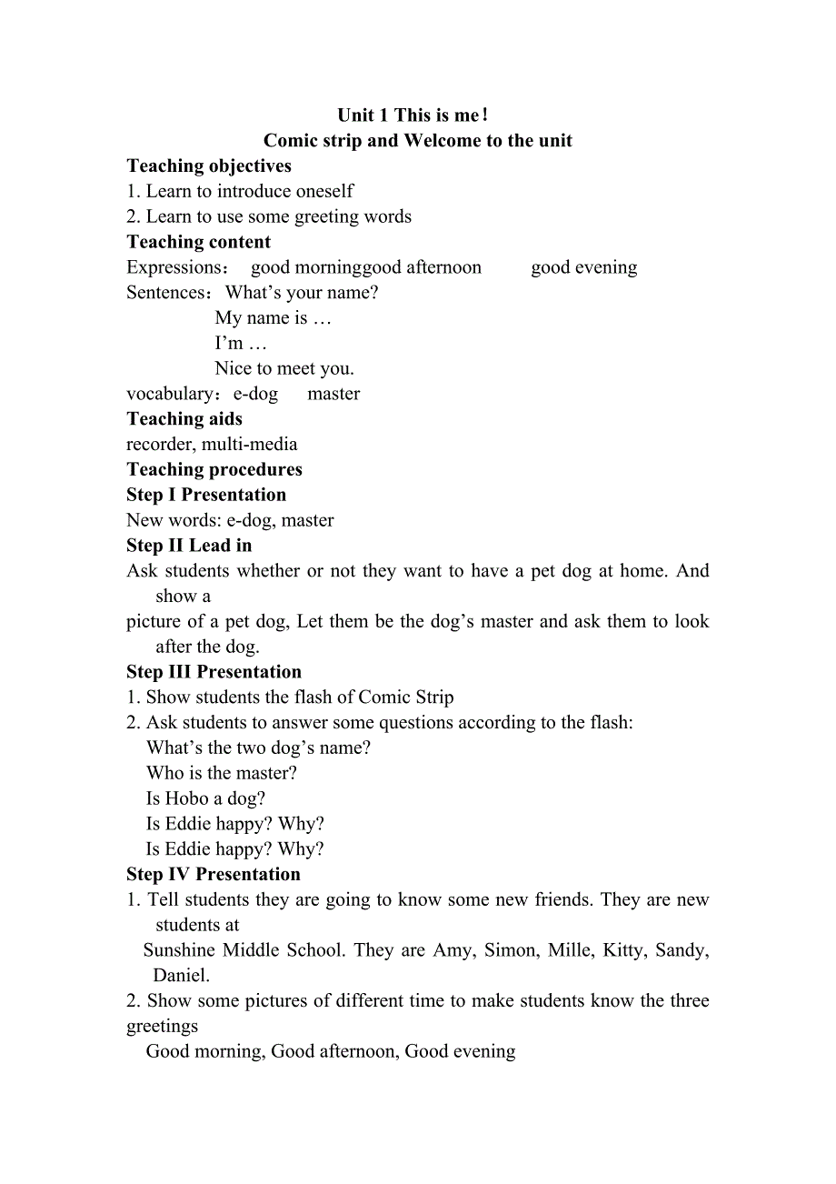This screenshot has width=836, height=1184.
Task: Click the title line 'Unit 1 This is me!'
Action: [x=413, y=115]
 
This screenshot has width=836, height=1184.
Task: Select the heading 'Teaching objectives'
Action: [x=209, y=166]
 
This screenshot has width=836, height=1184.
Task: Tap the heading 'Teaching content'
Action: [x=198, y=242]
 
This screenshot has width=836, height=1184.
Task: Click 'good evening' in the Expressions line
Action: [x=583, y=267]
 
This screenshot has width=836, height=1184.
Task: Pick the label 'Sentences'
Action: [x=167, y=293]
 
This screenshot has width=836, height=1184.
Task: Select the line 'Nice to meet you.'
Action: [x=284, y=368]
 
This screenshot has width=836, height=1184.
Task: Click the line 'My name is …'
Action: [x=273, y=318]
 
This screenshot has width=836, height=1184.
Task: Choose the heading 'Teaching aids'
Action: [x=184, y=419]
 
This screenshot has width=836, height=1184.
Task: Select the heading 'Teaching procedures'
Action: [x=214, y=470]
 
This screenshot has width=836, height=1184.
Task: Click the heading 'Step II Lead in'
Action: [x=189, y=546]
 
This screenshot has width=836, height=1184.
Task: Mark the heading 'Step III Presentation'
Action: [x=214, y=672]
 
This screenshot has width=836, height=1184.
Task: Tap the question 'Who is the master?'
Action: [x=222, y=773]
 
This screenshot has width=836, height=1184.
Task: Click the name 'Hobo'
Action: [x=187, y=798]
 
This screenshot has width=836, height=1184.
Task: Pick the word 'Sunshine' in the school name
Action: [x=180, y=950]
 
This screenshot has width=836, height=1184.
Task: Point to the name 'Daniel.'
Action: [x=182, y=976]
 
